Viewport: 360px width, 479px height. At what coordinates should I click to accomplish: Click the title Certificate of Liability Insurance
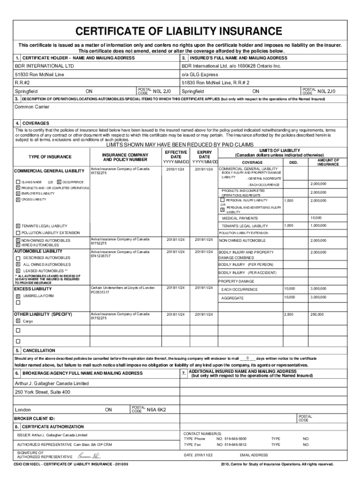(x=180, y=31)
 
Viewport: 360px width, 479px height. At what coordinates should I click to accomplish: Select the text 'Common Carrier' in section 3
(x=32, y=107)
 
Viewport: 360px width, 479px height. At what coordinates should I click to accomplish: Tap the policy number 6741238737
(x=101, y=256)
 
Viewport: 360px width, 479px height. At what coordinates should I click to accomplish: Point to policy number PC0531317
(x=101, y=292)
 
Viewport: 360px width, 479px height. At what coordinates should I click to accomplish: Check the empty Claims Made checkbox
(x=18, y=182)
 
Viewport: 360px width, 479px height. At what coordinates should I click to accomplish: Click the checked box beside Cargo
(x=18, y=321)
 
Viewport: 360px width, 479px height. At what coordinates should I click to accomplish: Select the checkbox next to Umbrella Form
(x=18, y=296)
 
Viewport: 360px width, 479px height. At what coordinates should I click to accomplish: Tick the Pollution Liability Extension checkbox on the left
(x=18, y=233)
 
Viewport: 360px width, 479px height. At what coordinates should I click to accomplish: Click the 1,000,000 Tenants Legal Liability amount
(x=318, y=226)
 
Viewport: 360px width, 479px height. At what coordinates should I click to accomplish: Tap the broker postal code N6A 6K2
(x=156, y=410)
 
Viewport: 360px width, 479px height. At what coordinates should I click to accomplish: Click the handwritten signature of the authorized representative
(x=89, y=456)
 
